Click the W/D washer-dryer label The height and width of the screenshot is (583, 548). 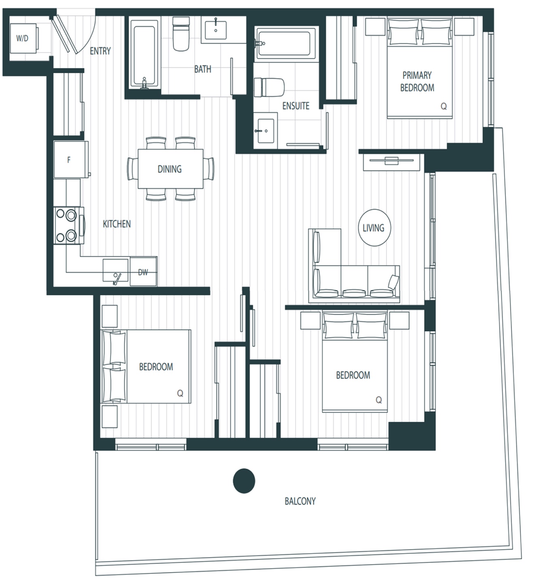(22, 38)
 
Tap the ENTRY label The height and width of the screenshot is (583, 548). (100, 51)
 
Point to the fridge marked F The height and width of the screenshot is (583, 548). (71, 160)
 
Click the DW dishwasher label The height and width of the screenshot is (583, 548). (143, 272)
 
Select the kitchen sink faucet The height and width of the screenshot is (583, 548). (117, 279)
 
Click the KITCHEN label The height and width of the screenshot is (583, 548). (117, 224)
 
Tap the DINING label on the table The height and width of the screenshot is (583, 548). (170, 169)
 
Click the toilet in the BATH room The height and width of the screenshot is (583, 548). (180, 34)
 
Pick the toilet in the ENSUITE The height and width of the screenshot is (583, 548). (269, 87)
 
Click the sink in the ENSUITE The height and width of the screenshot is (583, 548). (266, 131)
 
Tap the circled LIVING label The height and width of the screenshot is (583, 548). (374, 228)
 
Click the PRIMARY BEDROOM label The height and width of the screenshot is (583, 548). (417, 81)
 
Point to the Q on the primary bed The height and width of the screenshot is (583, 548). (444, 106)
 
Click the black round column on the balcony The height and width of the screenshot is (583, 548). (244, 481)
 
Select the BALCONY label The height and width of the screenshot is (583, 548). (300, 501)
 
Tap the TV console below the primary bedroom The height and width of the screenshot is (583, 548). (392, 162)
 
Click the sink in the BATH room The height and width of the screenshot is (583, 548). (216, 30)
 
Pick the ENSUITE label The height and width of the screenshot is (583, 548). (296, 106)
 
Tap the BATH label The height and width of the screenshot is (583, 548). (203, 69)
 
